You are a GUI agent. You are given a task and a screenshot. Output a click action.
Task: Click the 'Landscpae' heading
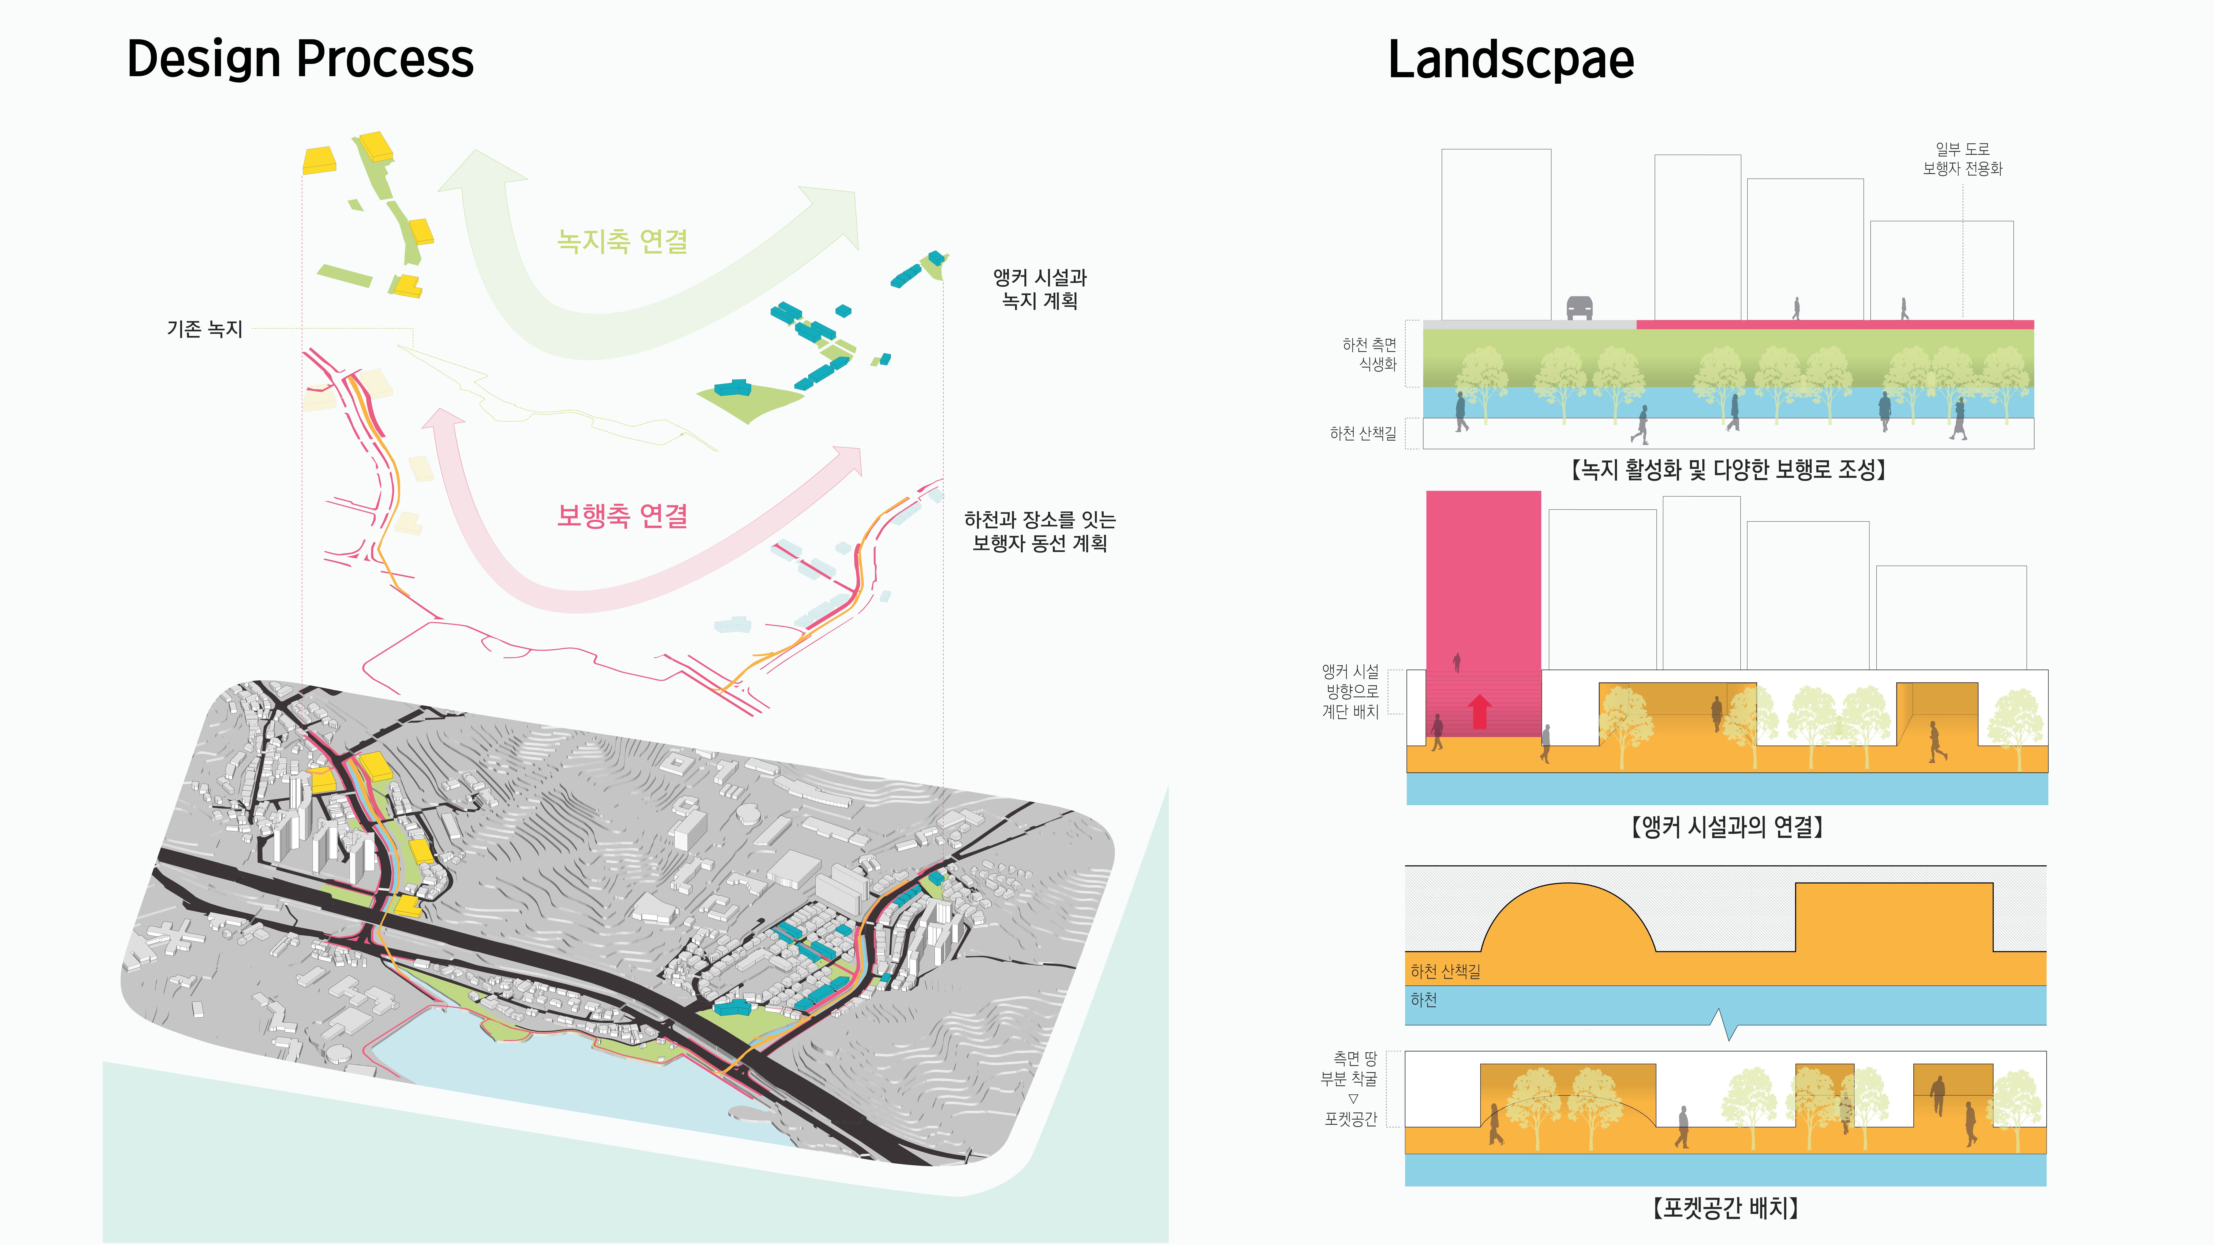pyautogui.click(x=1511, y=59)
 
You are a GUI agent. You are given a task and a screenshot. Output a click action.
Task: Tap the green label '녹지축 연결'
pyautogui.click(x=622, y=241)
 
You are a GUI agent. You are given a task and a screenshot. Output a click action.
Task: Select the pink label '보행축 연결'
pyautogui.click(x=622, y=516)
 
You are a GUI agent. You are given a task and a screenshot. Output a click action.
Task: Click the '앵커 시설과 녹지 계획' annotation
pyautogui.click(x=1040, y=289)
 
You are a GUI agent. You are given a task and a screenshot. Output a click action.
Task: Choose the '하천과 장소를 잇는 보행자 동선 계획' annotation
pyautogui.click(x=1040, y=531)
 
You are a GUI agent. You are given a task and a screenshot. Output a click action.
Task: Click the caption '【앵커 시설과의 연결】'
pyautogui.click(x=1727, y=827)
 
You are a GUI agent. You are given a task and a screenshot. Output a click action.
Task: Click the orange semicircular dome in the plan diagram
pyautogui.click(x=1568, y=919)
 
